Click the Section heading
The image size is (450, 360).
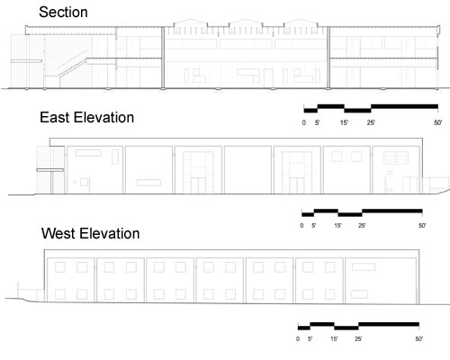[63, 13]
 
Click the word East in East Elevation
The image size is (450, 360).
[55, 117]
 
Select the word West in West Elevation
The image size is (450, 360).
[58, 233]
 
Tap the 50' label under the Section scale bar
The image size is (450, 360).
[437, 122]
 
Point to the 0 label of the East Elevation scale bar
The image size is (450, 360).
[301, 226]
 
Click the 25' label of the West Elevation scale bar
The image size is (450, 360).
[358, 339]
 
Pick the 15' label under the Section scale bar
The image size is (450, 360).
[344, 122]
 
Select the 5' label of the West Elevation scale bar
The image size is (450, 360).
[310, 339]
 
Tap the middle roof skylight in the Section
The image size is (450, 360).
[246, 24]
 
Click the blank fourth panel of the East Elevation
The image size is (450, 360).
[247, 170]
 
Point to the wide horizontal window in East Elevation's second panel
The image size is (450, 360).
[148, 183]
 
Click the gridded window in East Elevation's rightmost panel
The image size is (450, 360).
[396, 157]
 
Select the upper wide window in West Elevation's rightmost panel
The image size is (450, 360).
[364, 266]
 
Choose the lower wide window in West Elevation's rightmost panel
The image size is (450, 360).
[360, 294]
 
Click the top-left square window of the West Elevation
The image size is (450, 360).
[60, 267]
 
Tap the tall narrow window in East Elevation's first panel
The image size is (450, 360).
[115, 157]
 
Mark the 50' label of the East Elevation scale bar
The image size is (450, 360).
[422, 226]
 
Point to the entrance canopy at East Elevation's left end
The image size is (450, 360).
[50, 170]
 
